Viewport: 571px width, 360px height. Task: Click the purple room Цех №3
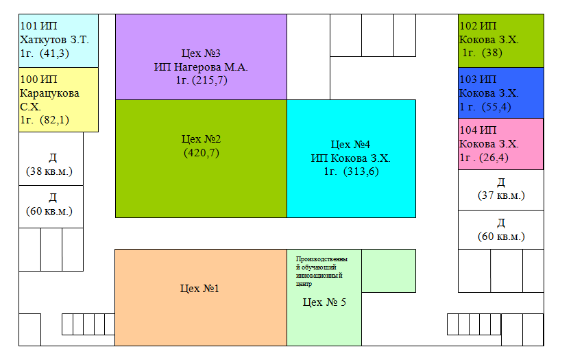pyautogui.click(x=201, y=57)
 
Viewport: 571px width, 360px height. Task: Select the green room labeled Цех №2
pyautogui.click(x=201, y=158)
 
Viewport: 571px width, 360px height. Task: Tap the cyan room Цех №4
pyautogui.click(x=352, y=158)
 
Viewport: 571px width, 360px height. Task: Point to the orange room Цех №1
pyautogui.click(x=201, y=298)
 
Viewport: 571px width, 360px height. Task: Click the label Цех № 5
pyautogui.click(x=324, y=302)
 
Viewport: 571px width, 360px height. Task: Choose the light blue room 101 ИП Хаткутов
pyautogui.click(x=59, y=41)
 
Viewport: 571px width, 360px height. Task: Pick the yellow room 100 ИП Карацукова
pyautogui.click(x=59, y=99)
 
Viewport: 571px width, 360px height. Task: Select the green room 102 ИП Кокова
pyautogui.click(x=500, y=41)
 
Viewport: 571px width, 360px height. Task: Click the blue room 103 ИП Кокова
pyautogui.click(x=500, y=93)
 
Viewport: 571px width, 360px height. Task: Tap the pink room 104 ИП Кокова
pyautogui.click(x=500, y=144)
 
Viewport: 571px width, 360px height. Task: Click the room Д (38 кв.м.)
pyautogui.click(x=51, y=158)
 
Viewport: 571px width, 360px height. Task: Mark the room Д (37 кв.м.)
pyautogui.click(x=500, y=190)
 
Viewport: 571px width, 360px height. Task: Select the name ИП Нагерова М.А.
pyautogui.click(x=201, y=67)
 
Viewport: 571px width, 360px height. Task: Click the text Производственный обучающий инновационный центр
pyautogui.click(x=321, y=271)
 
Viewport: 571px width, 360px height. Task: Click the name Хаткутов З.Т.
pyautogui.click(x=54, y=39)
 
